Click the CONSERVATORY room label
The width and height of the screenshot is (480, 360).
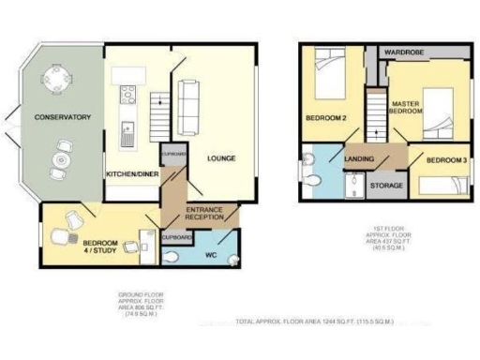click(x=63, y=117)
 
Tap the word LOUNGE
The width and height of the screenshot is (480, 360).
click(x=221, y=158)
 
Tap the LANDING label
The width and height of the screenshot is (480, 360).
click(x=361, y=159)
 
